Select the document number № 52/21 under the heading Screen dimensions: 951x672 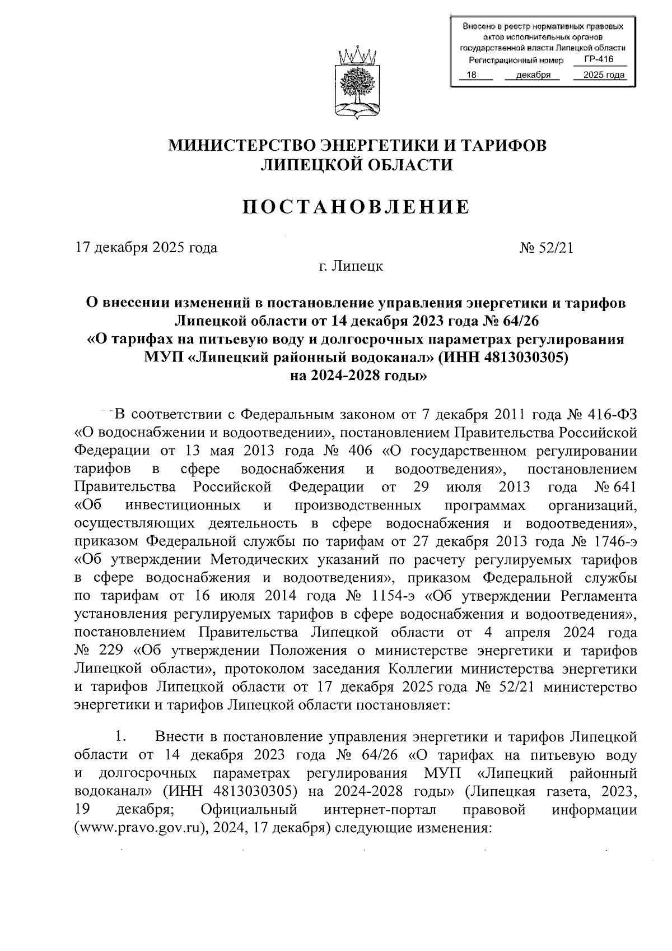click(x=547, y=247)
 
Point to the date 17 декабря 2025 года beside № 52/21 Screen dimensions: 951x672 click(x=146, y=247)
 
